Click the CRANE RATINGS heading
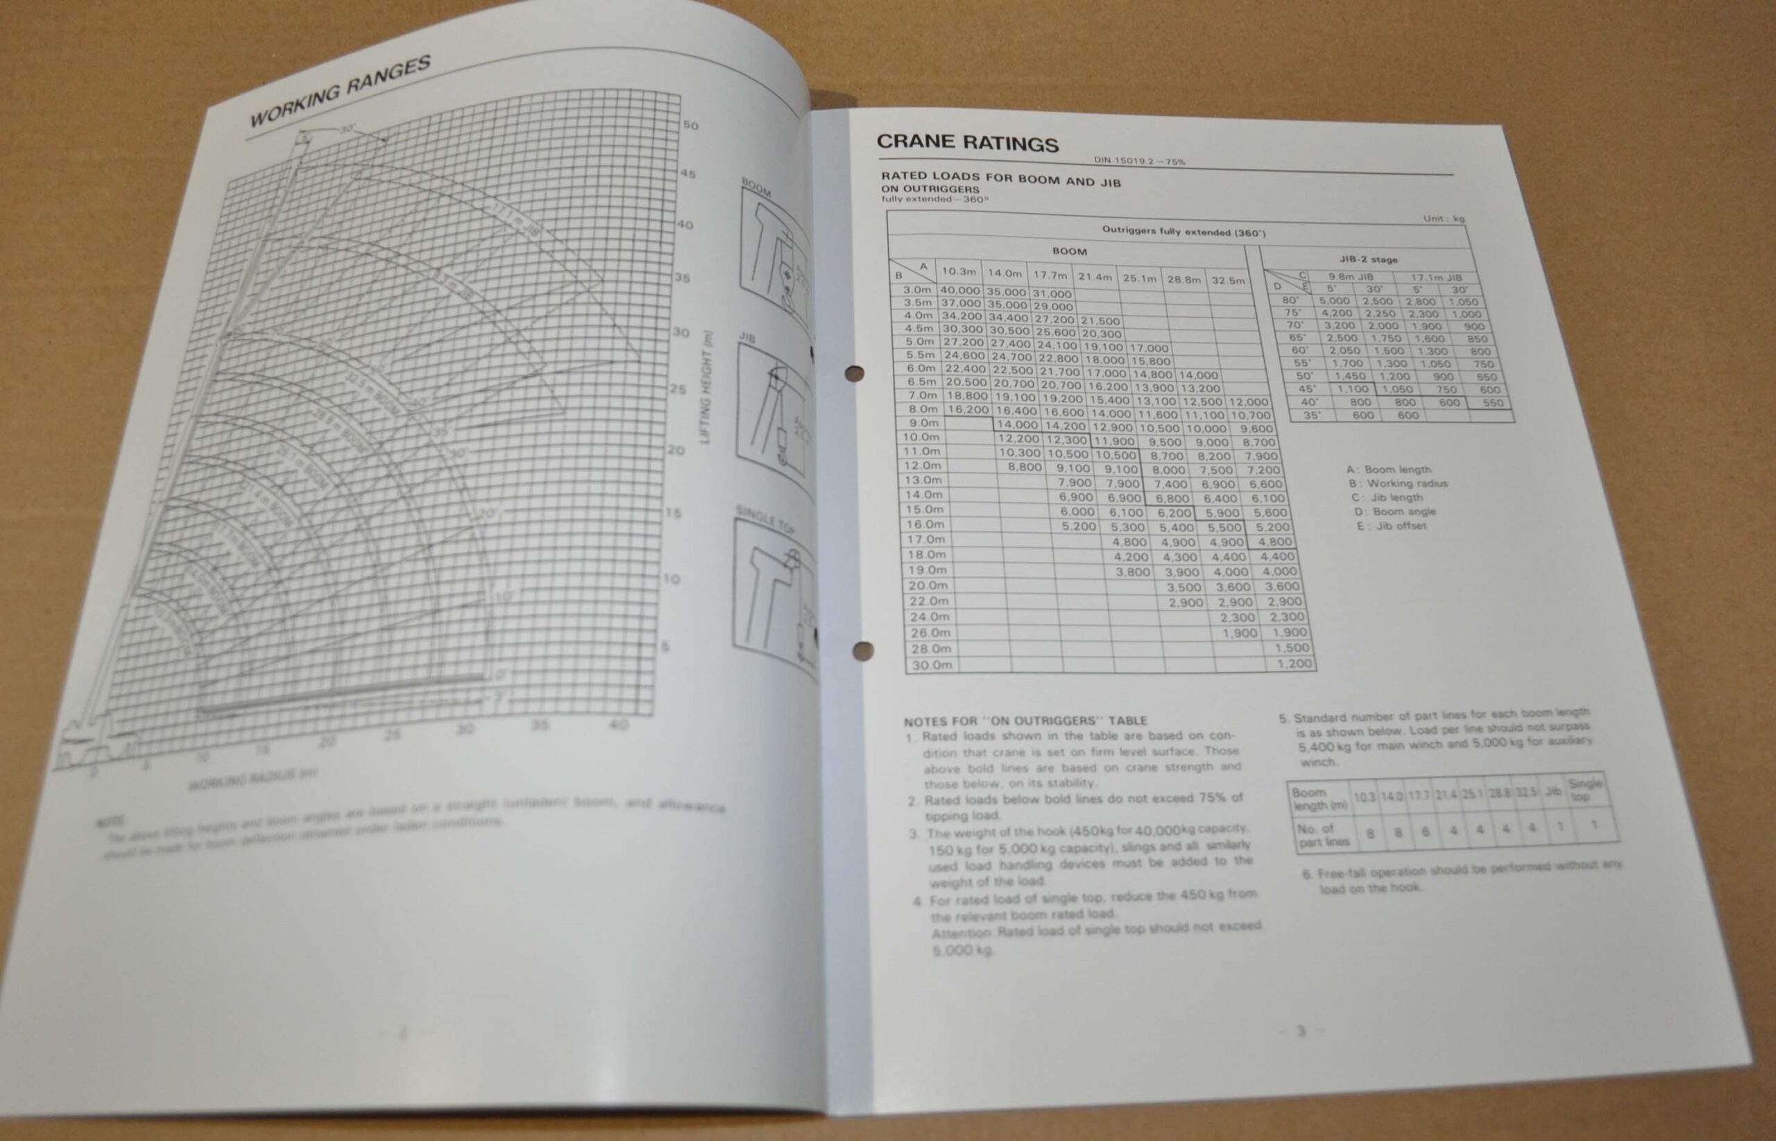coord(967,143)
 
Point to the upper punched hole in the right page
coord(854,373)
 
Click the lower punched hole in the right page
coord(862,651)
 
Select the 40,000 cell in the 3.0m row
coord(959,291)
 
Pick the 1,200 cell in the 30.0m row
coord(1295,664)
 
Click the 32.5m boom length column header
coord(1227,280)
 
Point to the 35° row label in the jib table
coord(1311,415)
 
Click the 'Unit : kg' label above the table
coord(1443,218)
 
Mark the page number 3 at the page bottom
coord(1300,1031)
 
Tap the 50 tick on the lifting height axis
coord(690,126)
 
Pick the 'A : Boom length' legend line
coord(1387,470)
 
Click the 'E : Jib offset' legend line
coord(1391,526)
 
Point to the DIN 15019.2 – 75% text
coord(1140,161)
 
